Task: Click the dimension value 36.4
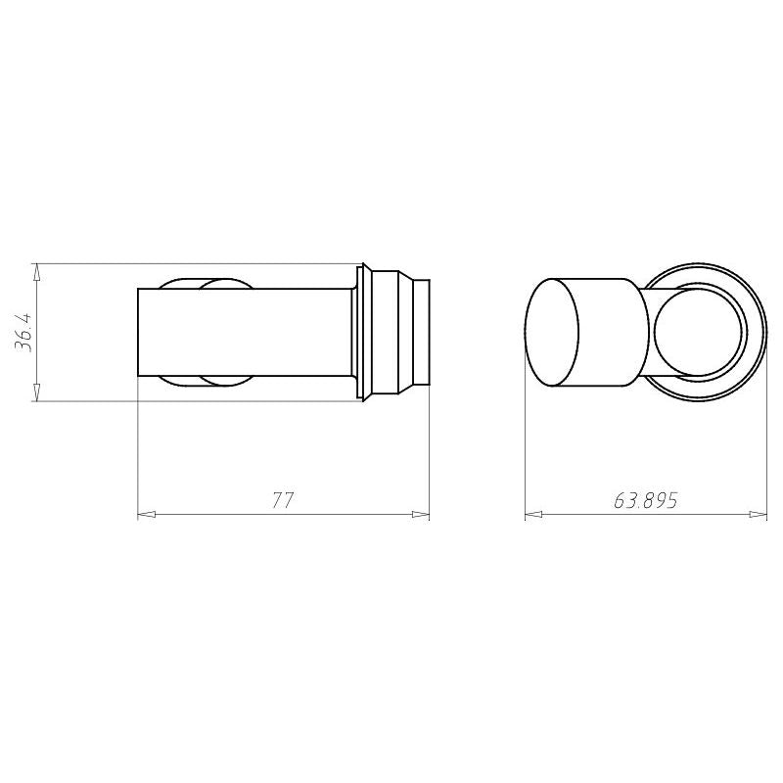point(23,332)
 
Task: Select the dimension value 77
point(283,500)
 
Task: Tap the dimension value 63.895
point(645,500)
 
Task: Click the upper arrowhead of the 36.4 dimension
point(35,273)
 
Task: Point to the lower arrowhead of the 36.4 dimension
point(35,392)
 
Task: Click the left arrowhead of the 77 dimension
point(146,514)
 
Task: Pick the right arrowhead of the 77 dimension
point(421,514)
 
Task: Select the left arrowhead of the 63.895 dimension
point(533,514)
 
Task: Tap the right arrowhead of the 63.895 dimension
point(758,514)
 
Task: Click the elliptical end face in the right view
point(552,332)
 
